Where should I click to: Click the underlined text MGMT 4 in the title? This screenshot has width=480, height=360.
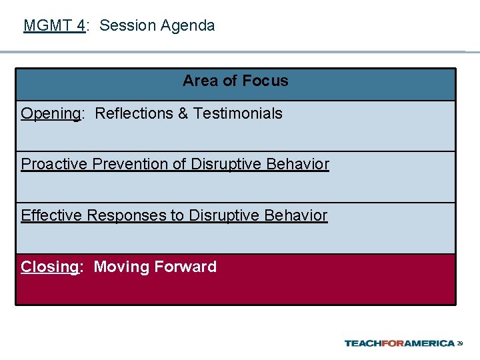[54, 26]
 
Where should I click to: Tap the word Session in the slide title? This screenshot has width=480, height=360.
[127, 26]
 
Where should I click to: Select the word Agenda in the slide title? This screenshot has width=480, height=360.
[187, 26]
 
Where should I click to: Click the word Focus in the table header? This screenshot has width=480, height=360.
[265, 81]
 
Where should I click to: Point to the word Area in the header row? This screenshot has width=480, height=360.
[201, 81]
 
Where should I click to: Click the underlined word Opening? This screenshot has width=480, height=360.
[51, 114]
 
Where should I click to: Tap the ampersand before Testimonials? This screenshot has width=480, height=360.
[183, 113]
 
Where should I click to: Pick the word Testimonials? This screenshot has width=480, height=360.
[238, 113]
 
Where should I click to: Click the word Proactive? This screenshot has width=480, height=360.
[55, 164]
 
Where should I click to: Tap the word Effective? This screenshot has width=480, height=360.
[51, 215]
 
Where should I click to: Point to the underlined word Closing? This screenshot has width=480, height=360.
[49, 267]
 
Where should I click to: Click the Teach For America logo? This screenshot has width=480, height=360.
[399, 343]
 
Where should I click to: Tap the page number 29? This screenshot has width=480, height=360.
[460, 344]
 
